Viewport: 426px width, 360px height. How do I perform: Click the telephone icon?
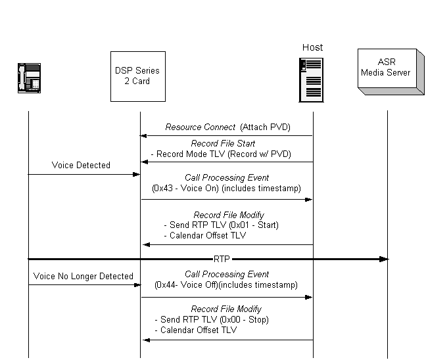click(x=28, y=77)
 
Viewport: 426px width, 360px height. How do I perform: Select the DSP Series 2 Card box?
click(x=137, y=76)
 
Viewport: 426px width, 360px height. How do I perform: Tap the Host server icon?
click(x=312, y=79)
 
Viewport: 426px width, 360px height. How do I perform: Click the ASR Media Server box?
click(x=387, y=71)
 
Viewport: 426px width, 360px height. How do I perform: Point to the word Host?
click(x=312, y=47)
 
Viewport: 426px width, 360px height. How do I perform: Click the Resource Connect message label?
click(x=200, y=127)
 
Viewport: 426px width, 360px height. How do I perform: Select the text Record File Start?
click(x=223, y=143)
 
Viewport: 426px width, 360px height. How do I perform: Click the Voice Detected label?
click(x=81, y=165)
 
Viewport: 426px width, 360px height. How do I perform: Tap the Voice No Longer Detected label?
click(x=83, y=276)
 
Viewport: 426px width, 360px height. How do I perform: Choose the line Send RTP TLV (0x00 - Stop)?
click(x=214, y=319)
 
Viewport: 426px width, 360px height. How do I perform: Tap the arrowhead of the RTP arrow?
click(x=384, y=259)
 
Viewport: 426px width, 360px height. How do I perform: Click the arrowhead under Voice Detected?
click(x=137, y=174)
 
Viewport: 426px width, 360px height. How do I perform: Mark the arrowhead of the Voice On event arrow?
click(x=309, y=199)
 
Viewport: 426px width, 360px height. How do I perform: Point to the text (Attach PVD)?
click(x=266, y=127)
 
